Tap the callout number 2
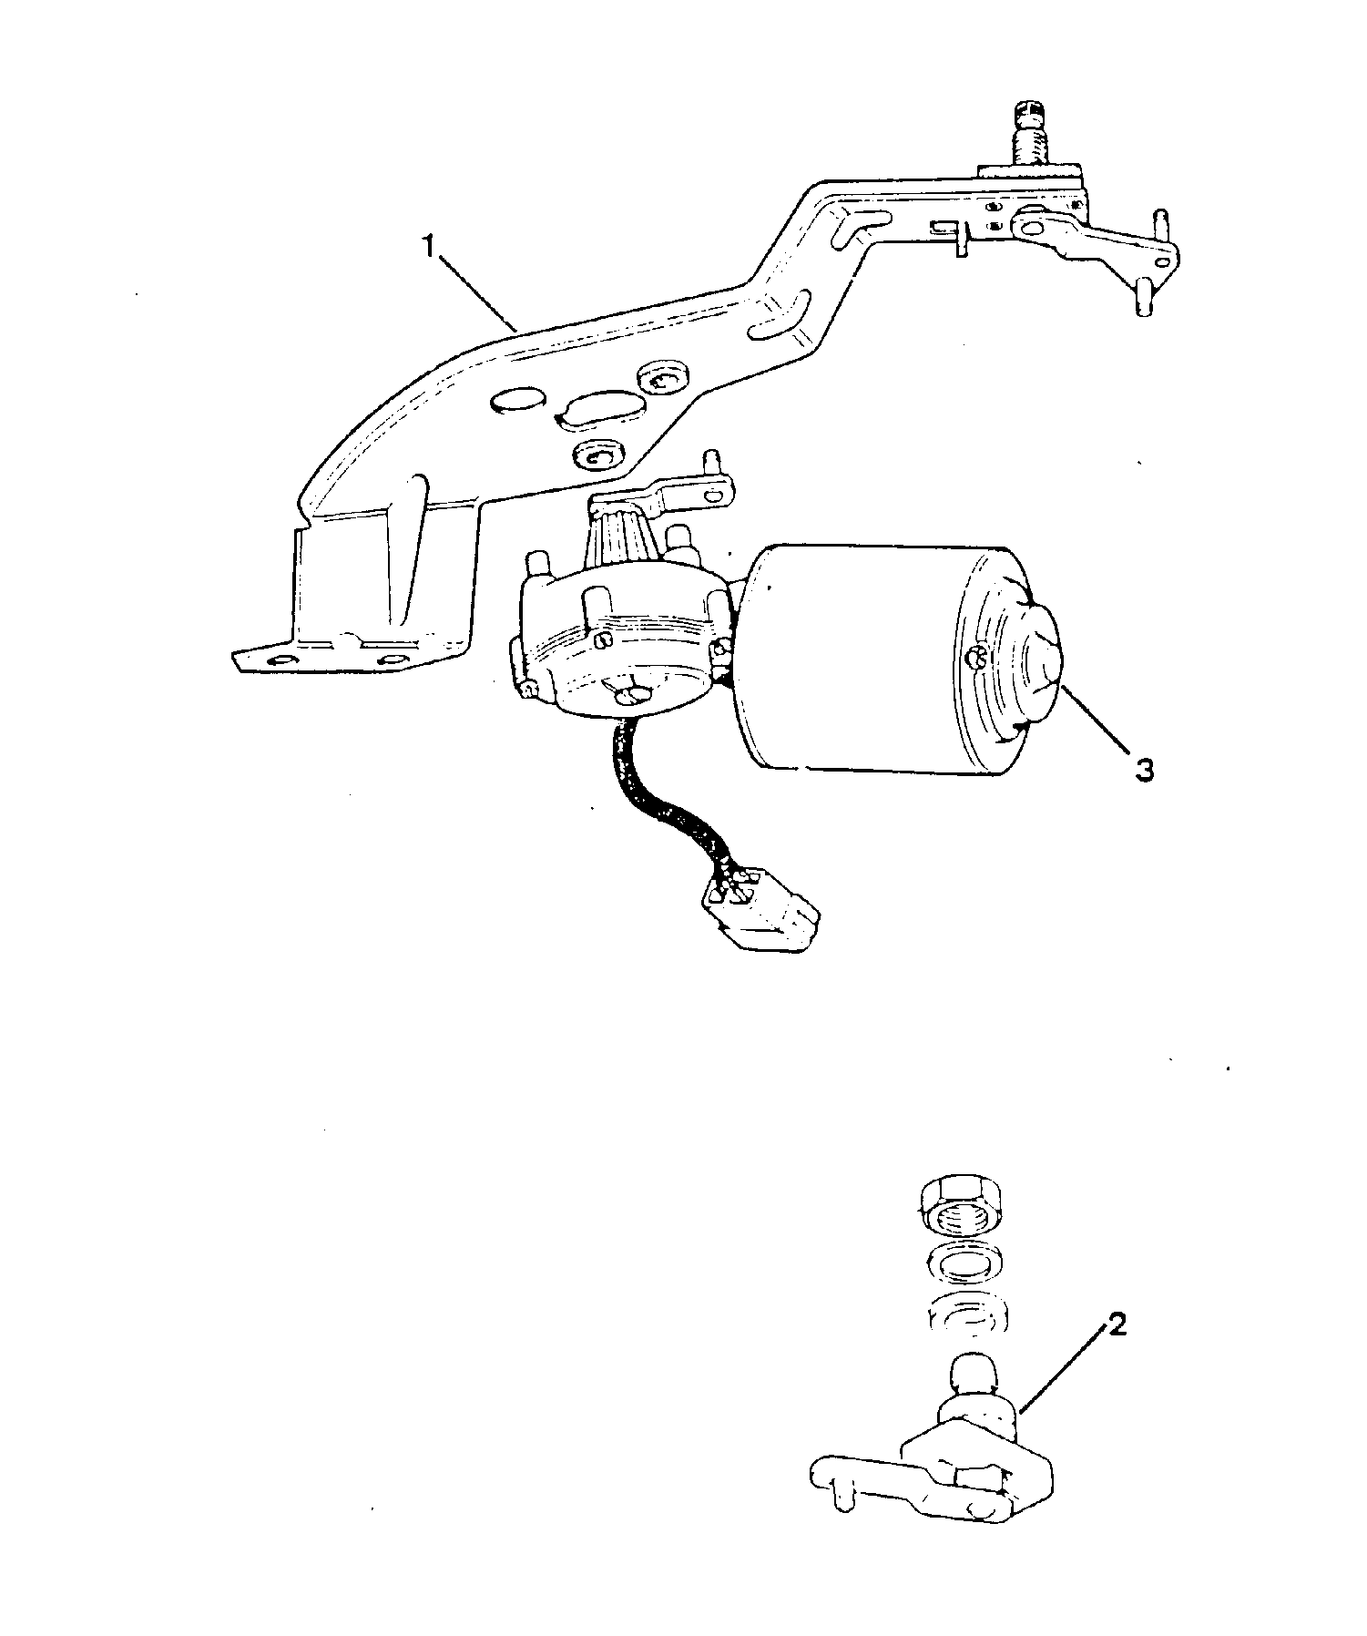1117,1325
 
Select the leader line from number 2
1065,1375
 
